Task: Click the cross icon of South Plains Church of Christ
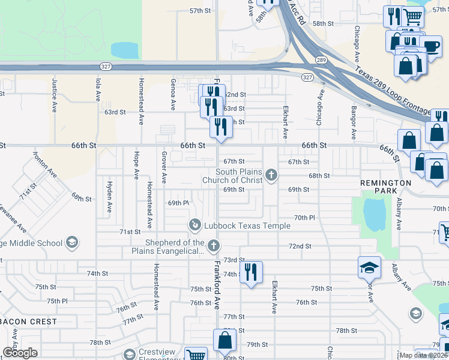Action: [271, 175]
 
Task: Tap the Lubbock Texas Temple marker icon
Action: [194, 225]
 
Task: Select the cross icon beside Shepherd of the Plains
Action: [213, 245]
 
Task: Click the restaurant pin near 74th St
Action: [251, 272]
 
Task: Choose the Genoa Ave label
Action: [173, 94]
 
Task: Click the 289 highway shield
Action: [321, 60]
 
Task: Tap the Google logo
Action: [20, 353]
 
